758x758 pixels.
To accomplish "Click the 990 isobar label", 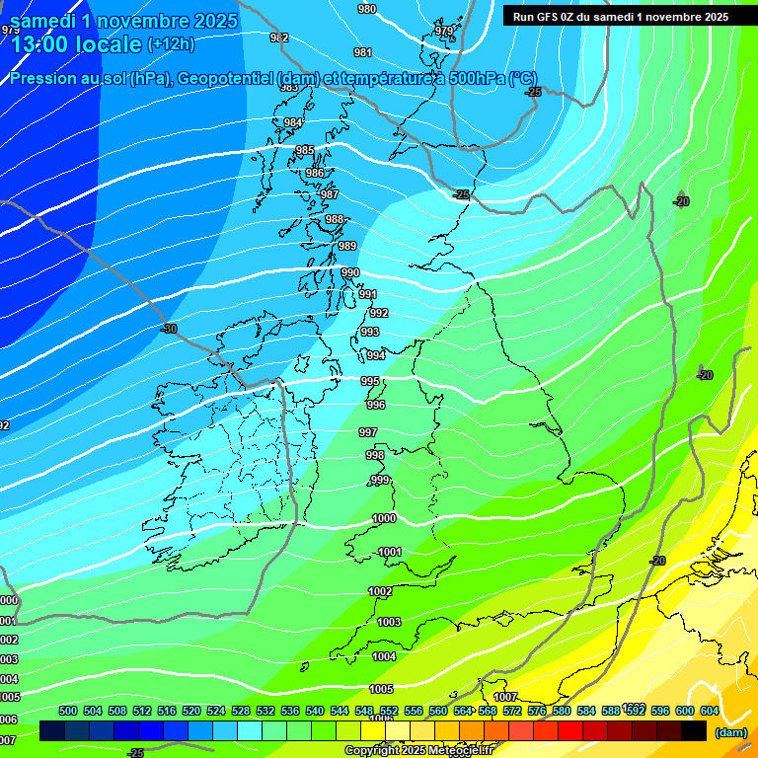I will click(350, 273).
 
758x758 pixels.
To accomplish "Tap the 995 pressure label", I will click(370, 381).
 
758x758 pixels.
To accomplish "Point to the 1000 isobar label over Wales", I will click(384, 518).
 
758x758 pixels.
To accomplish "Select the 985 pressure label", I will click(305, 150).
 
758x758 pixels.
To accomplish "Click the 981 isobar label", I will click(363, 53).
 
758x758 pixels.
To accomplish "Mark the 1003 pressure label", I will click(389, 622).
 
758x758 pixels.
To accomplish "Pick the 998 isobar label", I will click(375, 455).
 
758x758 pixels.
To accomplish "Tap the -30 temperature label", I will click(169, 329).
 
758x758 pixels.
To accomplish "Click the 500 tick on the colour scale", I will click(68, 711).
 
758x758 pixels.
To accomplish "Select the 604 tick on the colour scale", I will click(709, 711).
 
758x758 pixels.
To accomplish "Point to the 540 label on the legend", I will click(315, 711).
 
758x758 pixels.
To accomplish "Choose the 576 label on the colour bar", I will click(536, 711).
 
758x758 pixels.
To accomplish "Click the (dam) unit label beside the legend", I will click(731, 732).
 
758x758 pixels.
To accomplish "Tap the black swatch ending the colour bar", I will click(695, 730).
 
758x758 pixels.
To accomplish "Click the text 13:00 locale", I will click(76, 44).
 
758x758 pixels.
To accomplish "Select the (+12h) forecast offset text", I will click(171, 44).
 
